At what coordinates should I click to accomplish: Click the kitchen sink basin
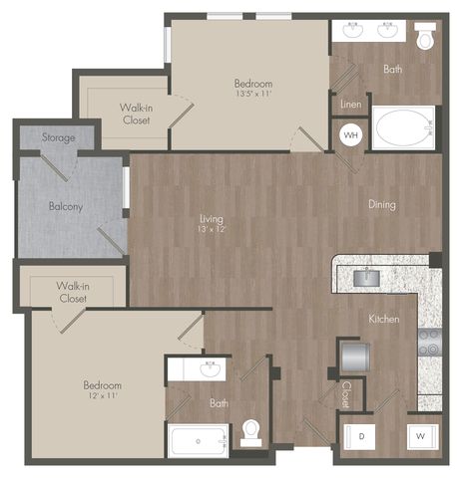tap(366, 278)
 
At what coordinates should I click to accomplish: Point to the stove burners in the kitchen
tap(429, 342)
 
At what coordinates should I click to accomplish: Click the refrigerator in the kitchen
tap(355, 358)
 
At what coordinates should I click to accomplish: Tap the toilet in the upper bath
tap(425, 36)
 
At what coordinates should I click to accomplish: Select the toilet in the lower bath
tap(250, 433)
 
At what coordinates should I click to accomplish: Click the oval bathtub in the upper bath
tap(403, 127)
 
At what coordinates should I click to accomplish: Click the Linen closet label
tap(350, 105)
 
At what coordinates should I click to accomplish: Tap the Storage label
tap(59, 137)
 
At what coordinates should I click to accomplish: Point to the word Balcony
tap(66, 206)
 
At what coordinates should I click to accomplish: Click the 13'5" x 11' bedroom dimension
tap(253, 94)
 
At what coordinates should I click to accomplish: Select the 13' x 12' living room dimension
tap(212, 229)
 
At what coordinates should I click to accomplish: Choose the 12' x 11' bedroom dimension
tap(102, 395)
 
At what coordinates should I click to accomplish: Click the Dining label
tap(382, 204)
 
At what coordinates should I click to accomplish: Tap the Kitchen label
tap(384, 319)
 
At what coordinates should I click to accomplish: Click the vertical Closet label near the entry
tap(346, 394)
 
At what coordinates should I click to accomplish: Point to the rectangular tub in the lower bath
tap(199, 441)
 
